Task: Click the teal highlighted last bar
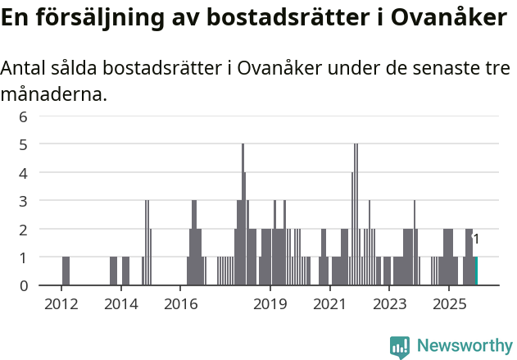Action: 476,271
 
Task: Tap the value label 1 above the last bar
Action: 476,239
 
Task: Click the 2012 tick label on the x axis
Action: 61,304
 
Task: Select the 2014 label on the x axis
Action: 121,304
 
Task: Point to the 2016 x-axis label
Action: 181,304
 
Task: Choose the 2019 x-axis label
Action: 270,304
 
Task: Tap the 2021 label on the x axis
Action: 330,304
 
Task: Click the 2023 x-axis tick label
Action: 390,304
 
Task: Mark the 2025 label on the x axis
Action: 450,304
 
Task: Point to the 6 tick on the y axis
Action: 24,116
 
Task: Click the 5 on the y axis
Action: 24,144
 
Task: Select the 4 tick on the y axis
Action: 24,173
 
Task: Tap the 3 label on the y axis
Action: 24,201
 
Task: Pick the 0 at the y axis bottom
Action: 24,285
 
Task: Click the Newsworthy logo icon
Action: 400,347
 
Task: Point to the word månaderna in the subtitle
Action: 53,94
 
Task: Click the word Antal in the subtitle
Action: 24,69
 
